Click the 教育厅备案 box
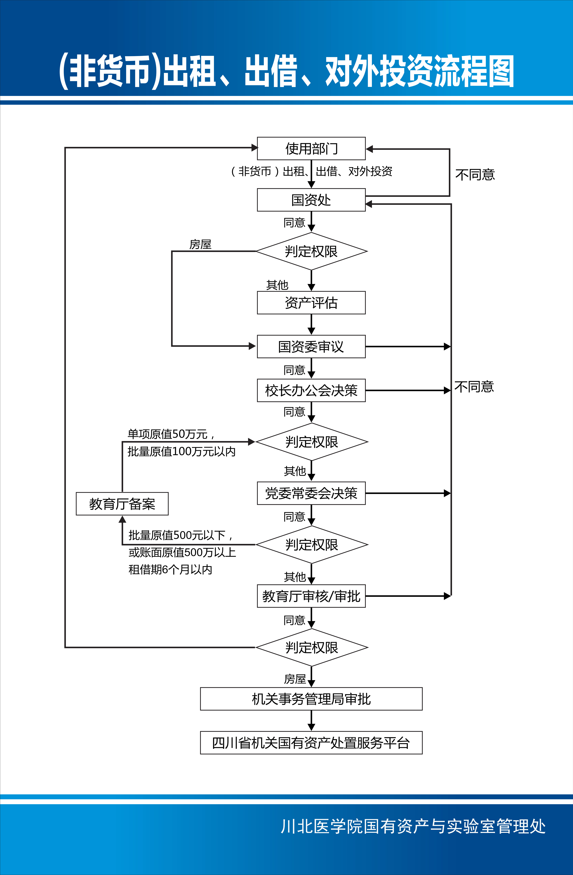pyautogui.click(x=122, y=504)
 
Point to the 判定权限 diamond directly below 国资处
pyautogui.click(x=311, y=251)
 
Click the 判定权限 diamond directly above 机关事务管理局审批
pyautogui.click(x=311, y=647)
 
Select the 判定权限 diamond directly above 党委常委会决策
pyautogui.click(x=311, y=441)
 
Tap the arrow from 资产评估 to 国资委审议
pyautogui.click(x=311, y=324)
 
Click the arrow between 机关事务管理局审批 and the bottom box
pyautogui.click(x=311, y=721)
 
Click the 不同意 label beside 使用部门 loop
pyautogui.click(x=475, y=175)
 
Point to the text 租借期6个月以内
pyautogui.click(x=170, y=569)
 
